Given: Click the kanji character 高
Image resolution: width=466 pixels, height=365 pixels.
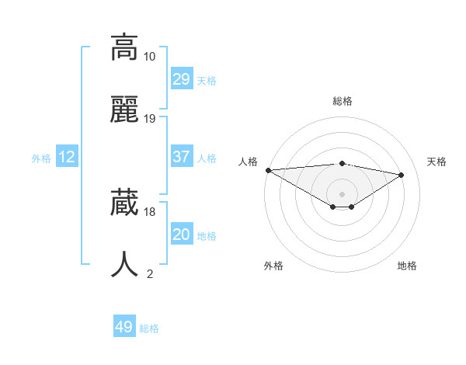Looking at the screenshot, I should coord(124,48).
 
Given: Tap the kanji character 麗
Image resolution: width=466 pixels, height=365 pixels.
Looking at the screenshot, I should coord(124,111).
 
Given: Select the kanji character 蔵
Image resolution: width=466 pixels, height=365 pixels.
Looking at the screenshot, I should coord(124,203).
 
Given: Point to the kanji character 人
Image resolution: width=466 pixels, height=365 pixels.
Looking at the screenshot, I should coord(124,265).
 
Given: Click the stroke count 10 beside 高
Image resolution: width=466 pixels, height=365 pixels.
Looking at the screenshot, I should coord(150,57).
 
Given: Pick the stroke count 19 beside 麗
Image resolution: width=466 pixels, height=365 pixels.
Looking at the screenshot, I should coord(150,119).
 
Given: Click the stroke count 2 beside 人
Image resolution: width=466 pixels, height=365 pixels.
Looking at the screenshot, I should coord(150,273).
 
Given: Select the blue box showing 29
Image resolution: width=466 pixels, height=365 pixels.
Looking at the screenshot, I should coord(181,79).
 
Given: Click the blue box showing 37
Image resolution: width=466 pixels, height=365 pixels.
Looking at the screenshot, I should coord(181,157).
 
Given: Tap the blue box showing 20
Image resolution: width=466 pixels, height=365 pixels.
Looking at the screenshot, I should coord(181,235).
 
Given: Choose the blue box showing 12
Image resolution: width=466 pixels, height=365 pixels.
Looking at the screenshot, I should coord(67,157).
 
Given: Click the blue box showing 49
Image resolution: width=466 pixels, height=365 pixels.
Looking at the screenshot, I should coord(124,327).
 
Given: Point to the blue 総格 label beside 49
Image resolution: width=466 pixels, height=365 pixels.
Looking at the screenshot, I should coord(149,328).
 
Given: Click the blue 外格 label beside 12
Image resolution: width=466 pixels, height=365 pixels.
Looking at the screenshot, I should coord(41,158).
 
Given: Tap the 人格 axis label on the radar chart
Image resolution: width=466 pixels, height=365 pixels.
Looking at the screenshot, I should coord(248,162).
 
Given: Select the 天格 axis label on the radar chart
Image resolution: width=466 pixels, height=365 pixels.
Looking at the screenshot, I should coord(436,162).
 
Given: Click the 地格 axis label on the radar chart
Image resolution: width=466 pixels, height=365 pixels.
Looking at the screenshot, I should coord(407,266).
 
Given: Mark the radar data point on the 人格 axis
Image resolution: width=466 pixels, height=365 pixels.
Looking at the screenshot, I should coord(268,170).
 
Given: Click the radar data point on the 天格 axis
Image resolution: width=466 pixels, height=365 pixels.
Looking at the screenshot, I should coord(402,175).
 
